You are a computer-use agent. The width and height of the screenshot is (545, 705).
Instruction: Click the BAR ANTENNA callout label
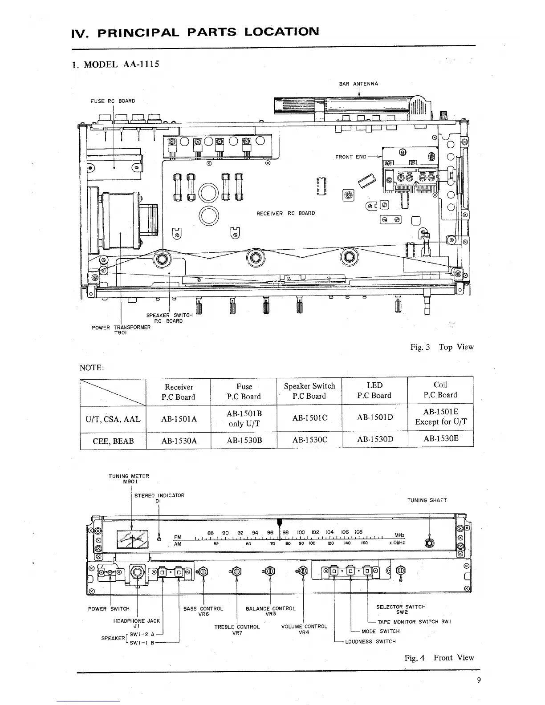(358, 84)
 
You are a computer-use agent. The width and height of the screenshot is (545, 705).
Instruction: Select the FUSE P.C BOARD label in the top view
(113, 101)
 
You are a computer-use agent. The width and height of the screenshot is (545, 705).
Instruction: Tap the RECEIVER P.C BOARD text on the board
(285, 213)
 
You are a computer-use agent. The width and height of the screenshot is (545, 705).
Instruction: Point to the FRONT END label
(351, 157)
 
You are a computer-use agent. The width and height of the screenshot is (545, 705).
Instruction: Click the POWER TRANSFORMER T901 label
(121, 330)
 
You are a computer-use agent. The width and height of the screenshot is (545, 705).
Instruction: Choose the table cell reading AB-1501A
(178, 419)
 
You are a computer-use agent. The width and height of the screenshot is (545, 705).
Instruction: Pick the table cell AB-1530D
(374, 440)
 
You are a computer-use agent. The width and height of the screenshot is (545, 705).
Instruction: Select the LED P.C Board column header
(374, 390)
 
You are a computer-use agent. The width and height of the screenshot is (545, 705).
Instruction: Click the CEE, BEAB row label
(113, 440)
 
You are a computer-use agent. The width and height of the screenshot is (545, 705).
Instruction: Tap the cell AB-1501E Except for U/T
(440, 417)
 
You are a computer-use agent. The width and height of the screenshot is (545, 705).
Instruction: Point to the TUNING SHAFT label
(427, 500)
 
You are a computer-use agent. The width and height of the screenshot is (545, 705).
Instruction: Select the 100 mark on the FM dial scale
(301, 532)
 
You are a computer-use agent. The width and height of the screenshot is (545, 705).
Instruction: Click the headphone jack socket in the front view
(137, 572)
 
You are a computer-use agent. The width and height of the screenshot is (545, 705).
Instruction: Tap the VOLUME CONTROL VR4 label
(304, 629)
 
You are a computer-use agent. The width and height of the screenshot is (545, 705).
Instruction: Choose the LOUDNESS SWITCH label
(370, 641)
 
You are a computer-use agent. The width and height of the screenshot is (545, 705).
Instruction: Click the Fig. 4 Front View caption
(439, 657)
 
